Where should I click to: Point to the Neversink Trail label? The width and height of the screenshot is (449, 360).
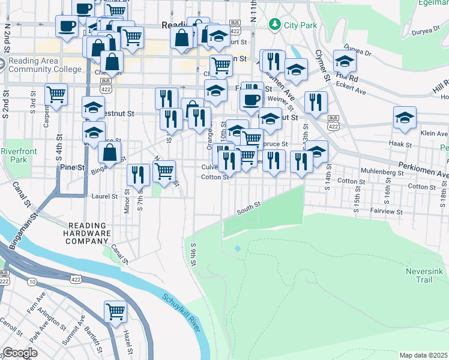[424, 275]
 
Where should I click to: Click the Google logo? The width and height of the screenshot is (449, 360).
[20, 353]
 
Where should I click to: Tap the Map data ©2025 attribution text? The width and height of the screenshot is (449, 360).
[424, 355]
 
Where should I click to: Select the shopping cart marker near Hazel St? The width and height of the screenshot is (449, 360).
[115, 311]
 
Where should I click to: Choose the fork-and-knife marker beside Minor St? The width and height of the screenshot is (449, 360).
[139, 175]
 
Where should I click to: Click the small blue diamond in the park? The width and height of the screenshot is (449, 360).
[238, 248]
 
